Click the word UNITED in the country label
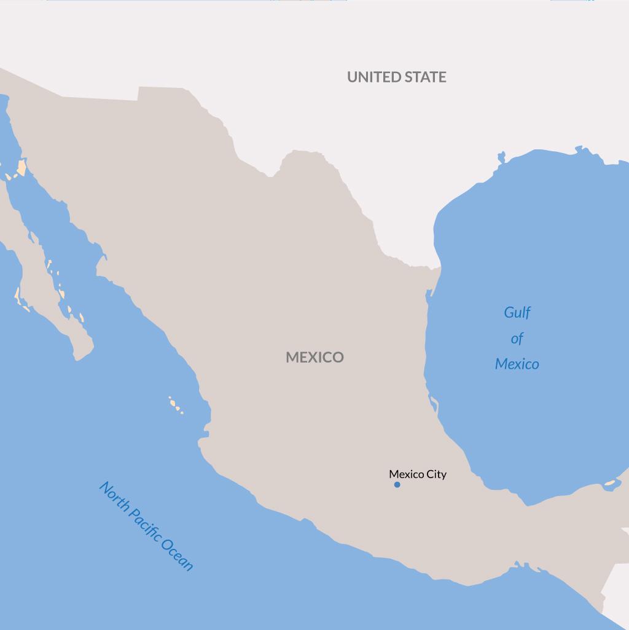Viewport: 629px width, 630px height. point(372,77)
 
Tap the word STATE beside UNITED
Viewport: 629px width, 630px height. point(424,77)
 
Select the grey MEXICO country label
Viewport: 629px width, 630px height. point(314,357)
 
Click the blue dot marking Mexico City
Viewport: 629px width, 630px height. point(397,485)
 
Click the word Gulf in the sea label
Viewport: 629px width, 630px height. point(517,313)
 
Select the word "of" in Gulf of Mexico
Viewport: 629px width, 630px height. point(517,339)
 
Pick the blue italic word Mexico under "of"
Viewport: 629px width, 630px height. point(517,364)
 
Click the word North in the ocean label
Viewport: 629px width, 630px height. point(115,498)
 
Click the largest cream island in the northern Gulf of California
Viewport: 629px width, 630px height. point(21,167)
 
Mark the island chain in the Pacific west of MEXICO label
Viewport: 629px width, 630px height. point(176,405)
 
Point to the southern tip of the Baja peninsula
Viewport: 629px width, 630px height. point(79,356)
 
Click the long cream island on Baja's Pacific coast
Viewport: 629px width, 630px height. point(18,294)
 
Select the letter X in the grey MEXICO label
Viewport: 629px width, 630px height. point(314,357)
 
